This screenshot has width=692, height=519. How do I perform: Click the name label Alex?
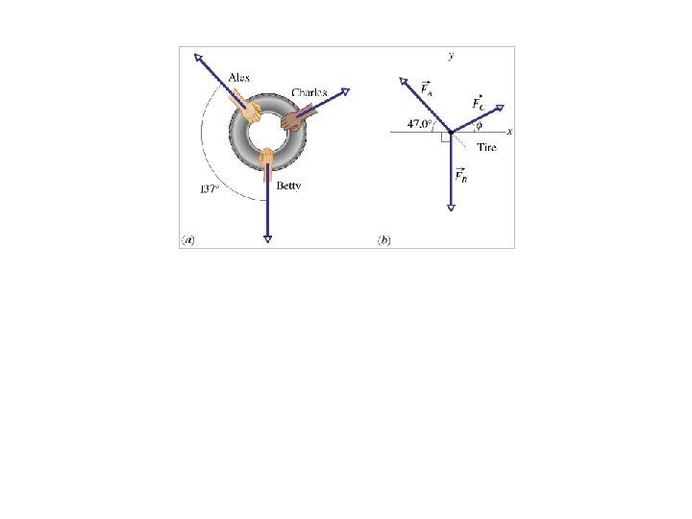(239, 78)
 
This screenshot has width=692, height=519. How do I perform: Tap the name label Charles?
(309, 92)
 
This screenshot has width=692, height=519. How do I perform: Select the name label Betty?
(288, 185)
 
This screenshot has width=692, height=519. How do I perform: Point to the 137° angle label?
(210, 189)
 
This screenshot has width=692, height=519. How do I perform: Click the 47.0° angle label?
(419, 124)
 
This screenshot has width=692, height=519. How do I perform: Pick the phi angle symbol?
(480, 125)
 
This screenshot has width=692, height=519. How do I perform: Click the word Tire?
(486, 147)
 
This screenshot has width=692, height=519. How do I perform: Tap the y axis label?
(451, 56)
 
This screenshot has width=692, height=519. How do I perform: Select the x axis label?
(509, 131)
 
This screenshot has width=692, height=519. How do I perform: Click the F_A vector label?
(427, 88)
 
